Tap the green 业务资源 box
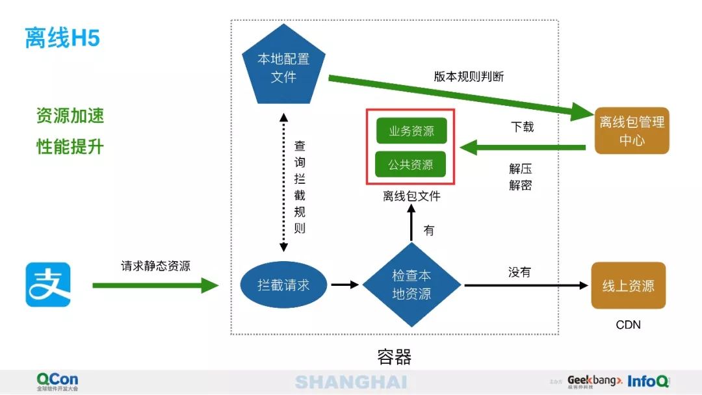[411, 131]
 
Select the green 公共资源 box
[411, 164]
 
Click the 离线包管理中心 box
[632, 131]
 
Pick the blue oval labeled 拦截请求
[283, 285]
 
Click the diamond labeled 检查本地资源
[411, 285]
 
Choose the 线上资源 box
[628, 285]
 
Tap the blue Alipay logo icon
[48, 285]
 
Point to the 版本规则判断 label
[469, 76]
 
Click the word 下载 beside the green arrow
[522, 127]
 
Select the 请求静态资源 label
[155, 266]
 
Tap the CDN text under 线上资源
[628, 324]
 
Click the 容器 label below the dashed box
[394, 357]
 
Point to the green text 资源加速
[70, 116]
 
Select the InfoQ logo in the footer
[648, 381]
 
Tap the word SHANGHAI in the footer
[350, 382]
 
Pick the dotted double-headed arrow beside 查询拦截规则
[283, 182]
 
